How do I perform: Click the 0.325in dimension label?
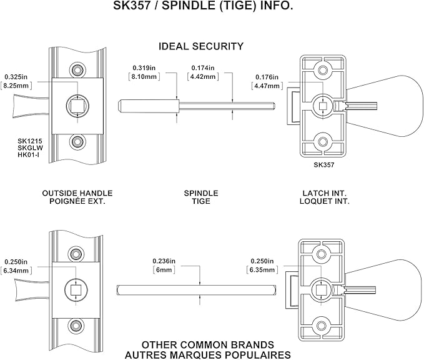(16, 77)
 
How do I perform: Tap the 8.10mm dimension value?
(144, 77)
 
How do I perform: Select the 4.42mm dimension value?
(203, 77)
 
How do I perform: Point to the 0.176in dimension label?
(267, 77)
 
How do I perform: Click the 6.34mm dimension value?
(16, 271)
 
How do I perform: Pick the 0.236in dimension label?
(164, 261)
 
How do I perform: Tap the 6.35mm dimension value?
(262, 270)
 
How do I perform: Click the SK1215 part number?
(30, 141)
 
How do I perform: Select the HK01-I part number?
(28, 155)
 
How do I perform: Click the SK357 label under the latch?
(324, 164)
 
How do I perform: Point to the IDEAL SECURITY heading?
(201, 46)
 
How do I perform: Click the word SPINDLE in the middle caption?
(201, 193)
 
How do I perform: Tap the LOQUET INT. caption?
(325, 201)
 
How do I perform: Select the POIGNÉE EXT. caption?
(77, 201)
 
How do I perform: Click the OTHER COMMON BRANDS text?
(208, 345)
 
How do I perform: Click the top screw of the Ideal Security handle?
(77, 69)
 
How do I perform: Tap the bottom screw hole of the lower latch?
(322, 326)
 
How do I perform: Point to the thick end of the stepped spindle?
(148, 106)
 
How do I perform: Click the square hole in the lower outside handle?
(76, 290)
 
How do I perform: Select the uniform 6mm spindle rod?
(196, 290)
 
